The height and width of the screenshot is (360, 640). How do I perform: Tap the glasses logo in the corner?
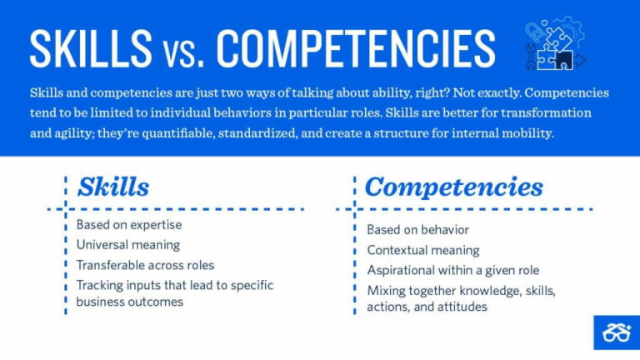(x=615, y=332)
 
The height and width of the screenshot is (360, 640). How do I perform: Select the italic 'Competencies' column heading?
(x=453, y=187)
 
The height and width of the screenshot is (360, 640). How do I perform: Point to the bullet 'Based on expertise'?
(x=129, y=225)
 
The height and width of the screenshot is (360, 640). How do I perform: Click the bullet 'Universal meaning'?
(x=127, y=245)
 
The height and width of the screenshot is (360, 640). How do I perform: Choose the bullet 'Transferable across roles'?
(x=145, y=265)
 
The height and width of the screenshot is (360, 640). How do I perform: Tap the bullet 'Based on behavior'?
(x=417, y=229)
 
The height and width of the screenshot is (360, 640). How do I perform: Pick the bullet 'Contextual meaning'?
(x=422, y=249)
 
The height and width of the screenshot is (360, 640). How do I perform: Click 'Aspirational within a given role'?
(x=452, y=270)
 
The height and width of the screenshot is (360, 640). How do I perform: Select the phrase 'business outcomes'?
(x=129, y=302)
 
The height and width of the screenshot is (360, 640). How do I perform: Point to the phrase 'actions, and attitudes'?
(x=427, y=307)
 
